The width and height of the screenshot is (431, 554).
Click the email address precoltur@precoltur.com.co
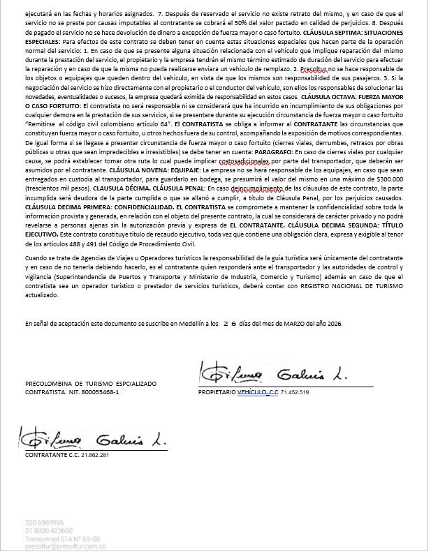(65, 545)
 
